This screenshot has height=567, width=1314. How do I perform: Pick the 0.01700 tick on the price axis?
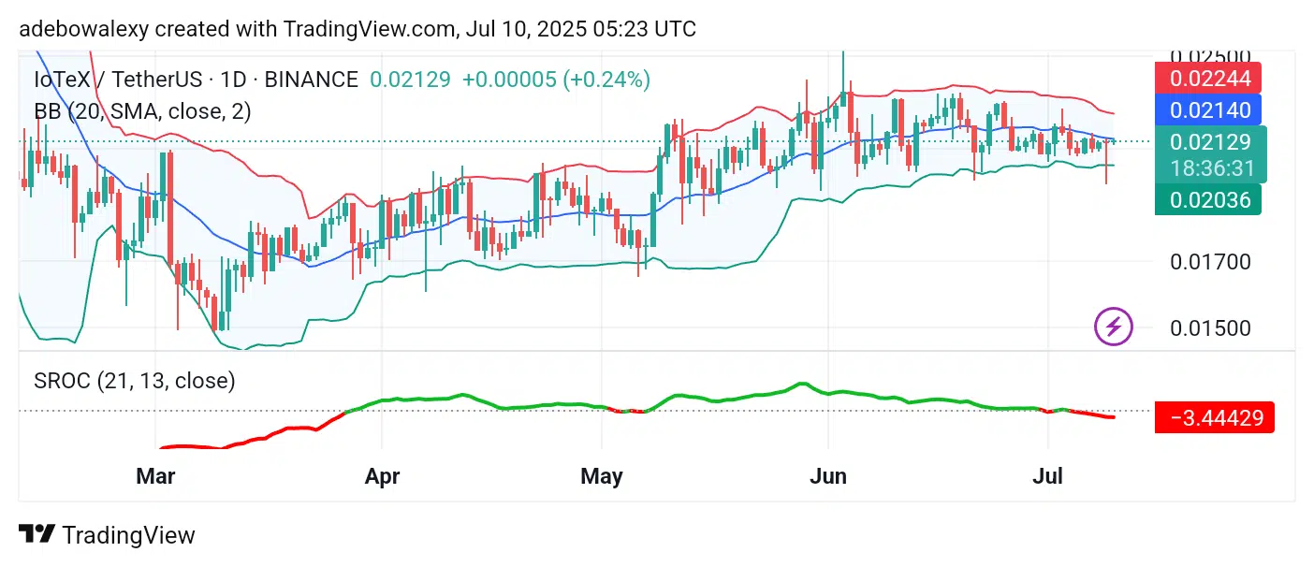point(1210,261)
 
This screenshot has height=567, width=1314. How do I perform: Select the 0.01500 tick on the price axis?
point(1210,328)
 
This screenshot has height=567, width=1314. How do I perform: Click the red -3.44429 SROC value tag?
point(1215,417)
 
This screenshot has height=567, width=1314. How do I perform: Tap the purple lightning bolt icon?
point(1114,327)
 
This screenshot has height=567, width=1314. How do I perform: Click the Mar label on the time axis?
point(155,476)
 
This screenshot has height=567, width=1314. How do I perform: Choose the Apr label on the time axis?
point(382,476)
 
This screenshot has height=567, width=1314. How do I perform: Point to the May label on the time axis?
point(601,476)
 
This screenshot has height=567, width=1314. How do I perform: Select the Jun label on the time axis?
point(828,476)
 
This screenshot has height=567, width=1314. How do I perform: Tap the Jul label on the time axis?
point(1047,476)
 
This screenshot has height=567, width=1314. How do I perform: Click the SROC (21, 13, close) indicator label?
point(135,381)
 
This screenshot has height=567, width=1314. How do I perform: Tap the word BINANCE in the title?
point(311,80)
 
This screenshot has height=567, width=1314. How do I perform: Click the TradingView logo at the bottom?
point(108,535)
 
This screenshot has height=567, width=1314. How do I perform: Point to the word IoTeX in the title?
point(55,80)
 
